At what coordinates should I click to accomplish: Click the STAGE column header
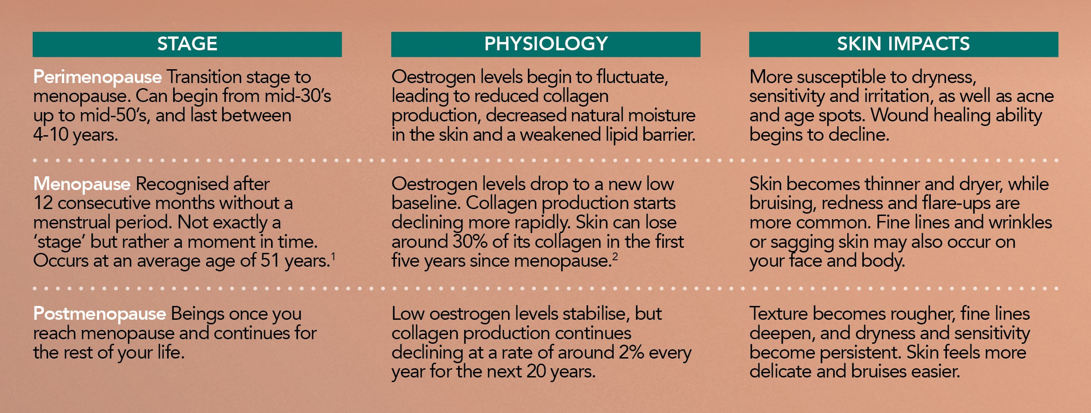187,44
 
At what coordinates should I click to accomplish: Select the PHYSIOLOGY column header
545,44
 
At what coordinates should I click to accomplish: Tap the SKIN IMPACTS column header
903,44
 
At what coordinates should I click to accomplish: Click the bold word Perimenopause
97,77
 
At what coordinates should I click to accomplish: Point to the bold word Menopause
82,184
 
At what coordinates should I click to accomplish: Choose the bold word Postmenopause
99,314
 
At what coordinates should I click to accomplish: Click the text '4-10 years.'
76,135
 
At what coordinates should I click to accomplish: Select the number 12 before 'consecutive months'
43,203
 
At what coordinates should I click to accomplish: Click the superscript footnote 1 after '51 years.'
333,256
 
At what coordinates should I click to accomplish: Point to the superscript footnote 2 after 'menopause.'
615,256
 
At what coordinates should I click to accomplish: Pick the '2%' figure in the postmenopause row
631,353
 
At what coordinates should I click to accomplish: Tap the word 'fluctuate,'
632,77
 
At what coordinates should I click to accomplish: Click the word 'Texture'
779,314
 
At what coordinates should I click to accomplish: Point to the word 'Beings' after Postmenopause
197,315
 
